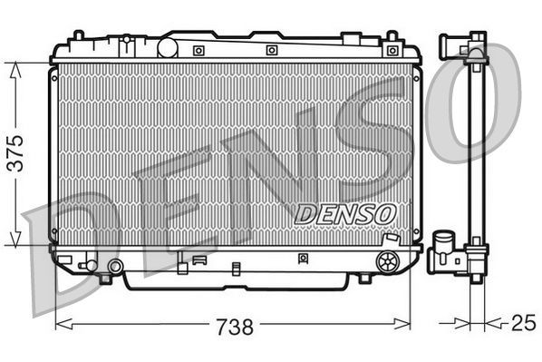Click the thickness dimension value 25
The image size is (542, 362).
pos(522,322)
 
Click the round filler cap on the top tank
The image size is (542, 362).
pos(168,45)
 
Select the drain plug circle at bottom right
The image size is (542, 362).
pos(387,262)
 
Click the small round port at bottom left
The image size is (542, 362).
pos(115,267)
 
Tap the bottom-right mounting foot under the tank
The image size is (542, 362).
pos(363,278)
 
